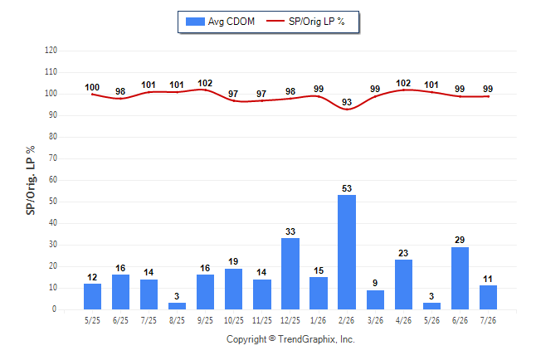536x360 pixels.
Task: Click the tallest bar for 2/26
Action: coord(347,252)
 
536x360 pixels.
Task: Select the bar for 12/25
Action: coord(290,274)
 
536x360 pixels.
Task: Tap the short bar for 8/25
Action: coord(177,306)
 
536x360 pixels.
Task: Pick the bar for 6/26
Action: coord(460,278)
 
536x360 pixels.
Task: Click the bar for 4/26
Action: coord(403,285)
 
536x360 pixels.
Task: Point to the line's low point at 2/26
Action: coord(347,109)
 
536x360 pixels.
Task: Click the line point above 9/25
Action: coord(205,90)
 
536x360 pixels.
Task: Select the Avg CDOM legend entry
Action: coord(220,22)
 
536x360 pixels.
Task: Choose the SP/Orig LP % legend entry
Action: coord(305,22)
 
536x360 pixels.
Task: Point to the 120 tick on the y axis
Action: coord(51,51)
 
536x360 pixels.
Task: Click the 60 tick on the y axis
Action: coord(53,180)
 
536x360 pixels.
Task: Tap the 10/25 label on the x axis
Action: coord(234,320)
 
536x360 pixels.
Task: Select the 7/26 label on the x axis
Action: coord(488,320)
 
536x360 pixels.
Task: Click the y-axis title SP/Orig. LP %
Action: coord(31,180)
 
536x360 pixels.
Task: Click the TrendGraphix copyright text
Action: coord(290,339)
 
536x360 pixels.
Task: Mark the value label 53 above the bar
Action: coord(347,188)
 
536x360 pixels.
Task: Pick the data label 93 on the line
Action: coord(347,102)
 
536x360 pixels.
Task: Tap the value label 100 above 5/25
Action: coord(92,87)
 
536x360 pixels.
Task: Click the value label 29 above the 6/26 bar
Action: coord(460,240)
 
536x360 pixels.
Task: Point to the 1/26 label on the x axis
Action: coord(319,320)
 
